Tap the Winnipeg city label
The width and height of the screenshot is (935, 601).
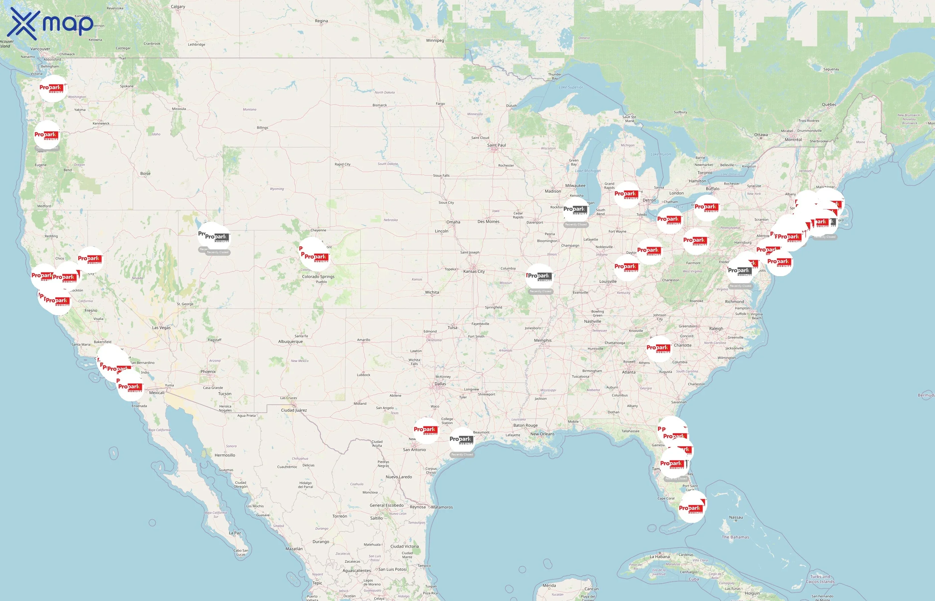(x=435, y=40)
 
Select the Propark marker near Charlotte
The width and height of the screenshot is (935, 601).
(x=659, y=348)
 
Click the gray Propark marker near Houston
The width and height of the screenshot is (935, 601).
(x=461, y=440)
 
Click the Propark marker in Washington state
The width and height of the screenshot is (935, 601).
(x=52, y=88)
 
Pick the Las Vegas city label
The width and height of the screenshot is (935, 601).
(x=161, y=328)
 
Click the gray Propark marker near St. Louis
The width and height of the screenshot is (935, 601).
(x=540, y=276)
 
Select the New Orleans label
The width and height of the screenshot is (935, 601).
(x=542, y=434)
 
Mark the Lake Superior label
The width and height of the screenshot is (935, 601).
(x=571, y=87)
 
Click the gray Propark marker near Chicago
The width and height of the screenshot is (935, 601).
(x=576, y=210)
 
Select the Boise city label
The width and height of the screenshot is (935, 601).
(x=145, y=173)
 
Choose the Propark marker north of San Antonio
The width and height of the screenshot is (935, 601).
(x=426, y=430)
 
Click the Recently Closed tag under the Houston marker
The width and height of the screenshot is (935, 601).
(x=462, y=455)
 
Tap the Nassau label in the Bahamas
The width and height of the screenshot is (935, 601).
(x=736, y=517)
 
